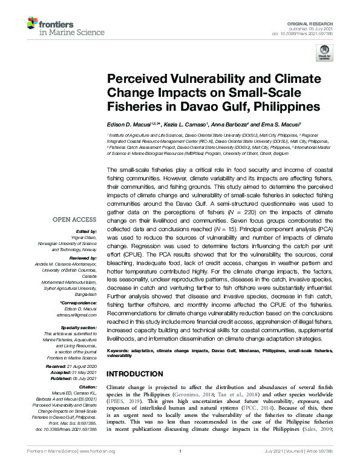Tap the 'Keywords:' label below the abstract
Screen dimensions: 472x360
pyautogui.click(x=121, y=350)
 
